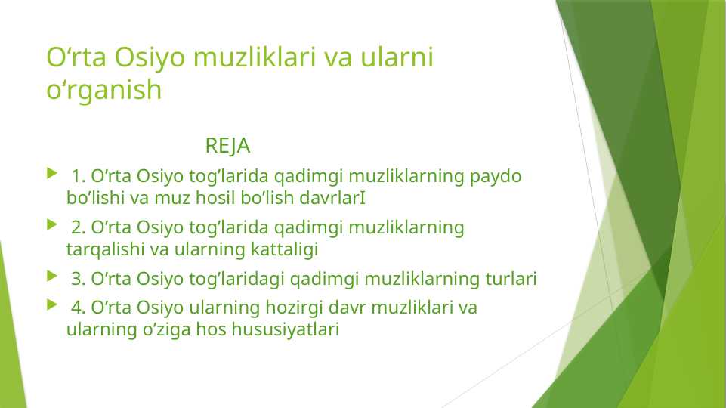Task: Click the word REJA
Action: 227,144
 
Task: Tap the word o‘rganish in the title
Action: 104,90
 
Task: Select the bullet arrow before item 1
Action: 51,175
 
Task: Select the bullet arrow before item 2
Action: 51,226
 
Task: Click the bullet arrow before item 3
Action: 51,279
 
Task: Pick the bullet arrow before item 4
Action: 51,307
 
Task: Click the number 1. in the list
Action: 79,177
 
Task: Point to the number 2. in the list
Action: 79,227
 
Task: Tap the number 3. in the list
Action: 79,280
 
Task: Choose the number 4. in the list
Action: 79,308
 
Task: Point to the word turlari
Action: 510,280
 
